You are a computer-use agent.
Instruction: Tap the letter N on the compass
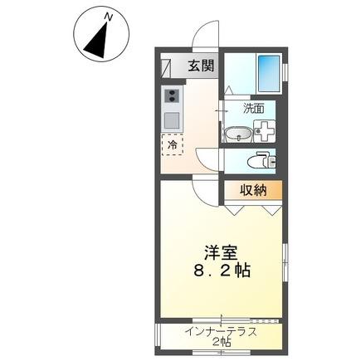tap(106, 16)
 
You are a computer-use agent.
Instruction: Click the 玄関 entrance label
tap(200, 67)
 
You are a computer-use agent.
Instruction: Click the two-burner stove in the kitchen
tap(173, 99)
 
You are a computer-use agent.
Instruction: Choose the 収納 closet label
tap(254, 191)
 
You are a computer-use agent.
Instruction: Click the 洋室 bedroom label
tap(222, 251)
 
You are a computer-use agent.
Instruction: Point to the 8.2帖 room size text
tap(221, 271)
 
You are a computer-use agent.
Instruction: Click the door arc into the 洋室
tap(203, 191)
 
